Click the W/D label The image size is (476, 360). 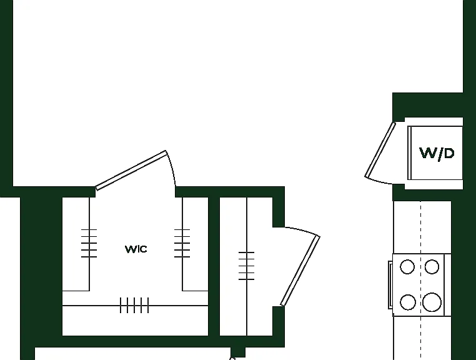pyautogui.click(x=437, y=153)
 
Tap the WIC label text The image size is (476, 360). pyautogui.click(x=136, y=249)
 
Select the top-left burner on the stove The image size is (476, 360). pyautogui.click(x=407, y=267)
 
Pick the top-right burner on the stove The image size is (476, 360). pyautogui.click(x=432, y=267)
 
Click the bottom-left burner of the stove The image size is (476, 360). pyautogui.click(x=408, y=302)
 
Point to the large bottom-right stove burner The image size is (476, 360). pyautogui.click(x=432, y=302)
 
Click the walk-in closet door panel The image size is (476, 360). pyautogui.click(x=131, y=171)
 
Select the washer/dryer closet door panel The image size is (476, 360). pyautogui.click(x=380, y=150)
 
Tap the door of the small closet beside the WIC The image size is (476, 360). pyautogui.click(x=300, y=271)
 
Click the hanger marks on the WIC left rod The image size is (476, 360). pyautogui.click(x=89, y=243)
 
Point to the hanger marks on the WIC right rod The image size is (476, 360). pyautogui.click(x=182, y=243)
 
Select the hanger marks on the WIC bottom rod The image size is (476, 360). pyautogui.click(x=134, y=306)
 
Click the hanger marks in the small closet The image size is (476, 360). pyautogui.click(x=247, y=266)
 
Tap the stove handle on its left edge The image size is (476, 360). pyautogui.click(x=390, y=285)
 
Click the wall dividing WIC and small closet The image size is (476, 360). pyautogui.click(x=214, y=266)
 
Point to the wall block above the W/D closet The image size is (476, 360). pyautogui.click(x=428, y=105)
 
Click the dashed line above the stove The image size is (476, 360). pyautogui.click(x=421, y=227)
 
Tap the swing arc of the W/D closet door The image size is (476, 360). pyautogui.click(x=379, y=181)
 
